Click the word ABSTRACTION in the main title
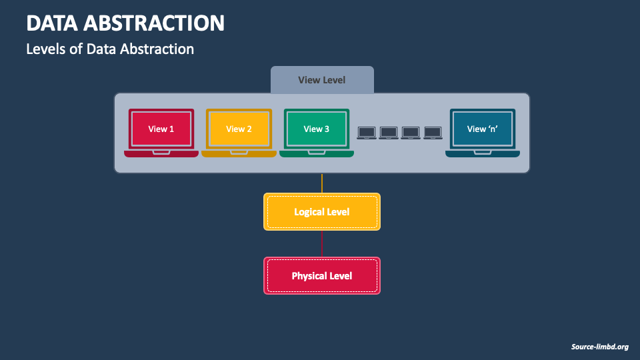pos(154,23)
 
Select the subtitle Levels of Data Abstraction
pos(110,49)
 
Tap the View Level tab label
pos(321,80)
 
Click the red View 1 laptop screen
pos(161,129)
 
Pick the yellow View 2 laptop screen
pos(239,129)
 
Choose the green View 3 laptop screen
pos(316,129)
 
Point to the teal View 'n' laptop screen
pos(483,129)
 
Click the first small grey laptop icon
pos(367,133)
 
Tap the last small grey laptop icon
pos(433,133)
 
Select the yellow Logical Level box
pos(322,212)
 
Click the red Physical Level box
pos(322,275)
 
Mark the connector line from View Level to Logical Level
pos(322,183)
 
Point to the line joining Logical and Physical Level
pos(322,244)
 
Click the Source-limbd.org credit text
pos(599,347)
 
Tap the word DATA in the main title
pos(52,23)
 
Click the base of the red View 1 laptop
pos(161,153)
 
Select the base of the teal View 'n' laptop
pos(483,153)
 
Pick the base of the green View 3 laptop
pos(316,153)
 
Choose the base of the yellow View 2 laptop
pos(239,153)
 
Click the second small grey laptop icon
pos(389,133)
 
